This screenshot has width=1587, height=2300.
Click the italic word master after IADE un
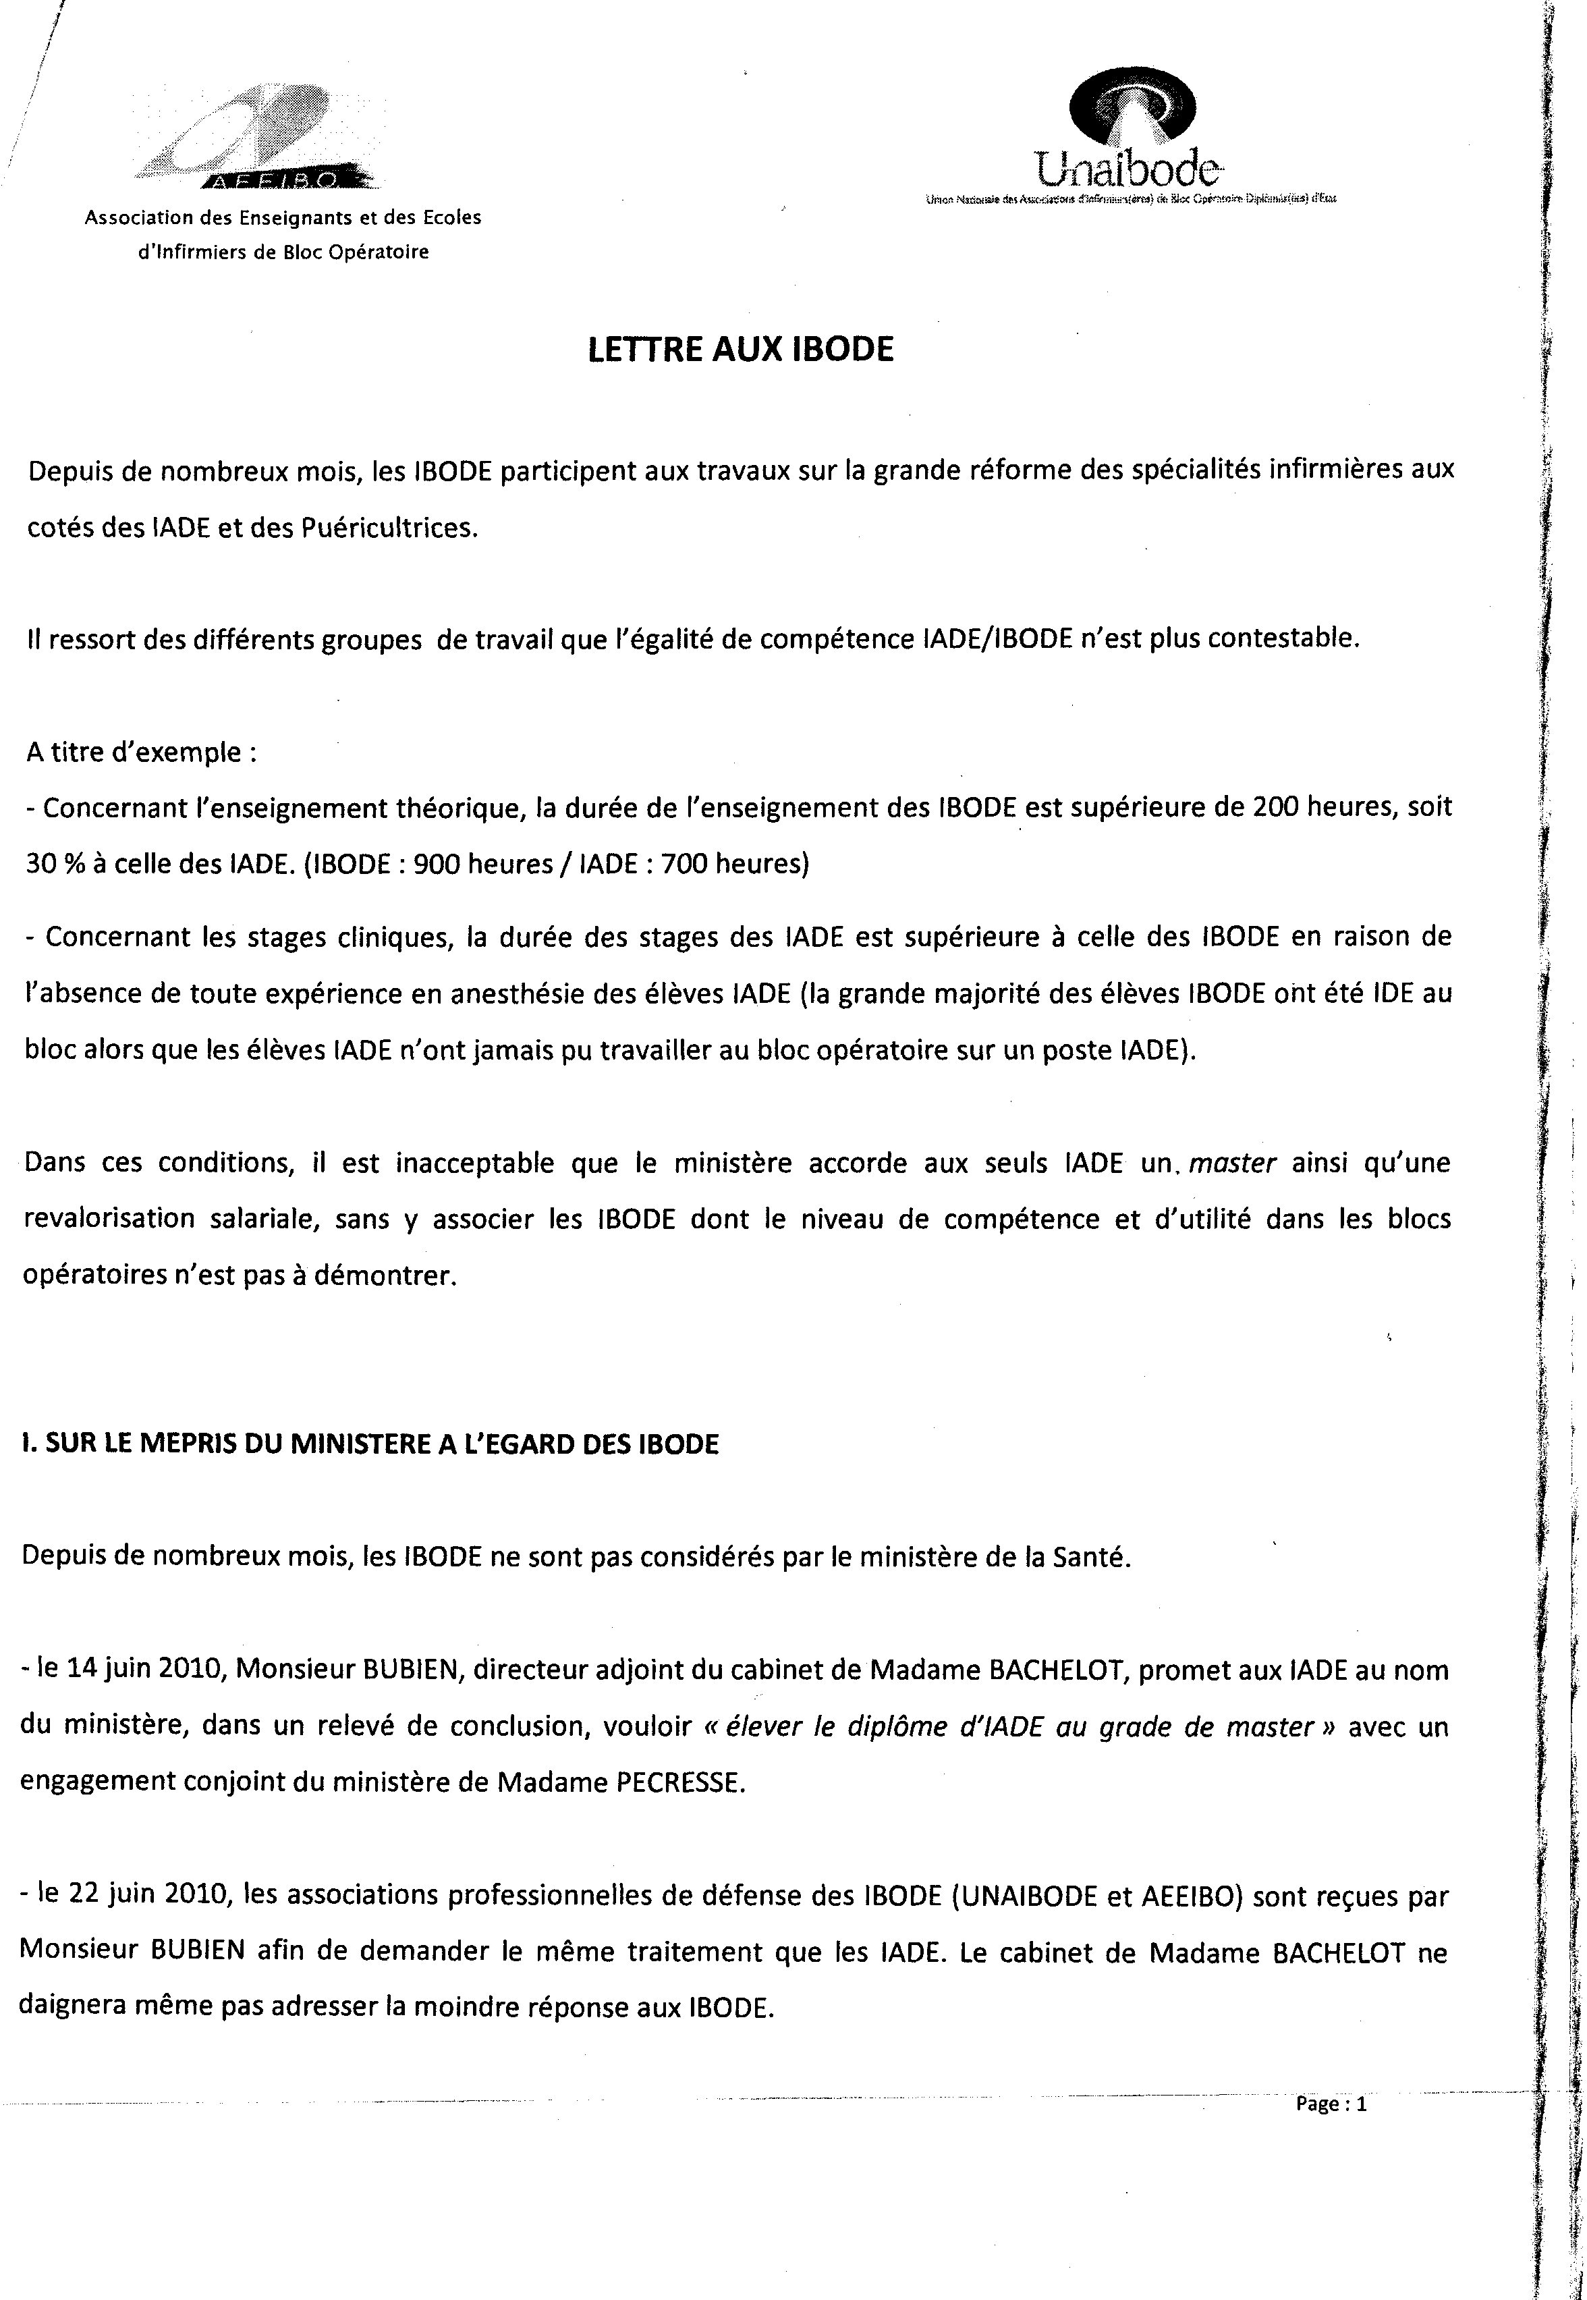(1232, 1162)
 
